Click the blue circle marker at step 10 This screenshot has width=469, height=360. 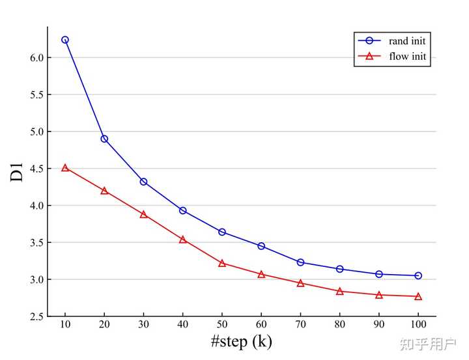(x=65, y=40)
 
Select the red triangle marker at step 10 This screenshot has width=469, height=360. (x=65, y=168)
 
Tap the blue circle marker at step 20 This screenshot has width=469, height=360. (x=104, y=139)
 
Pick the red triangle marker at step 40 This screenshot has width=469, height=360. (x=183, y=240)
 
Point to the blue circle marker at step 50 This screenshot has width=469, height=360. (x=222, y=232)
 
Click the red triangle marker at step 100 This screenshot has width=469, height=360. (x=418, y=296)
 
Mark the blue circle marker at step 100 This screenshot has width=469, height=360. (x=418, y=275)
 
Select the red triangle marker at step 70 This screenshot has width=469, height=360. (x=300, y=283)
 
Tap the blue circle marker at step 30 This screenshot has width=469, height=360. (x=143, y=182)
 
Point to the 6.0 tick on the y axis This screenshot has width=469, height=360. (x=36, y=57)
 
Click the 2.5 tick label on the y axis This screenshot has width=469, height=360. (x=36, y=316)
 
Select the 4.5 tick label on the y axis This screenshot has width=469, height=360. (x=36, y=169)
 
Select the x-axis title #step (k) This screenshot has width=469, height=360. (x=242, y=342)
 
